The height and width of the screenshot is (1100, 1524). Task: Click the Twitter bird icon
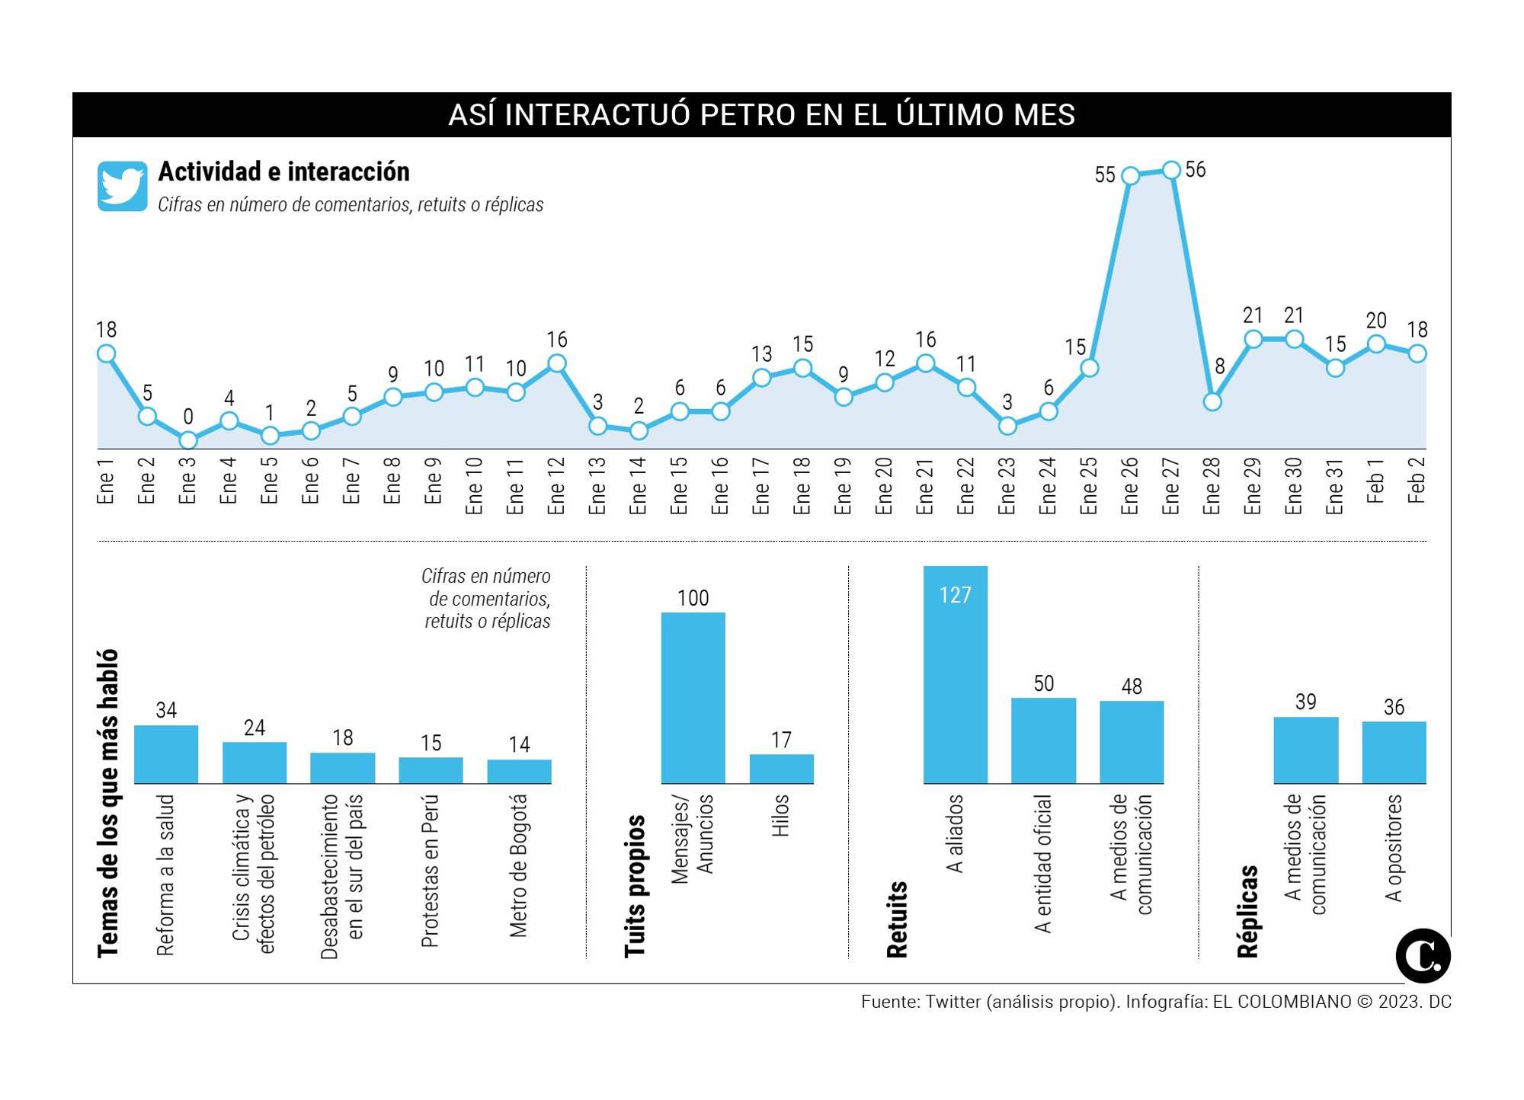click(122, 186)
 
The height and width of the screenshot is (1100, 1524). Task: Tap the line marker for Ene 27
click(1171, 170)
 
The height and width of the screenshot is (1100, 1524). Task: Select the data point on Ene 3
click(188, 440)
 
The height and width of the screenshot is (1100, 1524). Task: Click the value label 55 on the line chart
click(1104, 175)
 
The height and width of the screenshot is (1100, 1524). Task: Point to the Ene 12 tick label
click(556, 485)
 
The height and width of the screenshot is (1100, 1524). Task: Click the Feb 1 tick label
click(1375, 480)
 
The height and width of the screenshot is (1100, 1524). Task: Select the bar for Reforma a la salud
click(166, 754)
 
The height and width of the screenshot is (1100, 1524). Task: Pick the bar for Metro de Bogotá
click(519, 771)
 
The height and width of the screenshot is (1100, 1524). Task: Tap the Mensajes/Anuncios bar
click(693, 698)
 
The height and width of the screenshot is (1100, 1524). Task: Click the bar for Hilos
click(781, 769)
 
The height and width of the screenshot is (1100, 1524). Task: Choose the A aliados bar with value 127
click(955, 675)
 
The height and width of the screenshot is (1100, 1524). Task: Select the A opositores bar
click(1394, 752)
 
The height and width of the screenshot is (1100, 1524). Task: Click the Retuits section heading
click(897, 919)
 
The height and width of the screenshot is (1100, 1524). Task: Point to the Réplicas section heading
click(1247, 911)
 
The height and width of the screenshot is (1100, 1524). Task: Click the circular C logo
click(1423, 956)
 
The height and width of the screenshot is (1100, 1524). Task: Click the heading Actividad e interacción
click(283, 172)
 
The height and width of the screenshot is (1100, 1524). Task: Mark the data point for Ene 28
click(1212, 401)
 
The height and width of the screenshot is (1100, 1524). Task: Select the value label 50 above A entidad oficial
click(1043, 683)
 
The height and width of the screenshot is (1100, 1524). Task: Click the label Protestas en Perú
click(431, 871)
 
